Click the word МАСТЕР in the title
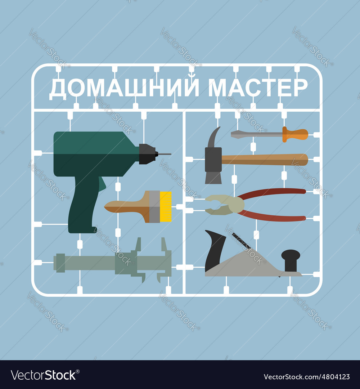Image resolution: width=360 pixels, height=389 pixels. click(258, 88)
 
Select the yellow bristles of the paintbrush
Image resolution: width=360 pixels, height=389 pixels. click(166, 206)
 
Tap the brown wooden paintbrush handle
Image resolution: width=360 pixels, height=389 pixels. click(126, 206)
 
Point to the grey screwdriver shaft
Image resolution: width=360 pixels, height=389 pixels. click(256, 134)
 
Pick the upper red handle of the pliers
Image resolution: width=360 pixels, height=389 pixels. click(274, 192)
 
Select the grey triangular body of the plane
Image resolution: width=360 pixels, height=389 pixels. click(245, 267)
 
